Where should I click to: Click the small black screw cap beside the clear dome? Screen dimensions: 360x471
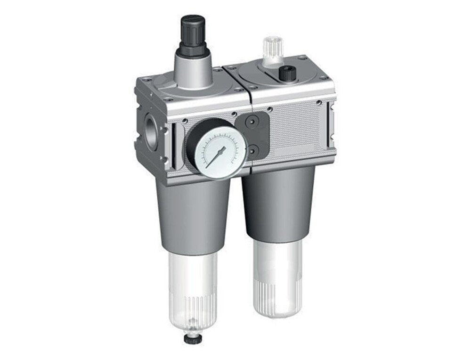[x=287, y=73]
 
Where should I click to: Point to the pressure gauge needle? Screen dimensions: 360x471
[x=217, y=155]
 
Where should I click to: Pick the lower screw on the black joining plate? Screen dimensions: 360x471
[x=253, y=150]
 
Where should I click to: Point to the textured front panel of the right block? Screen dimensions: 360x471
[x=297, y=127]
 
